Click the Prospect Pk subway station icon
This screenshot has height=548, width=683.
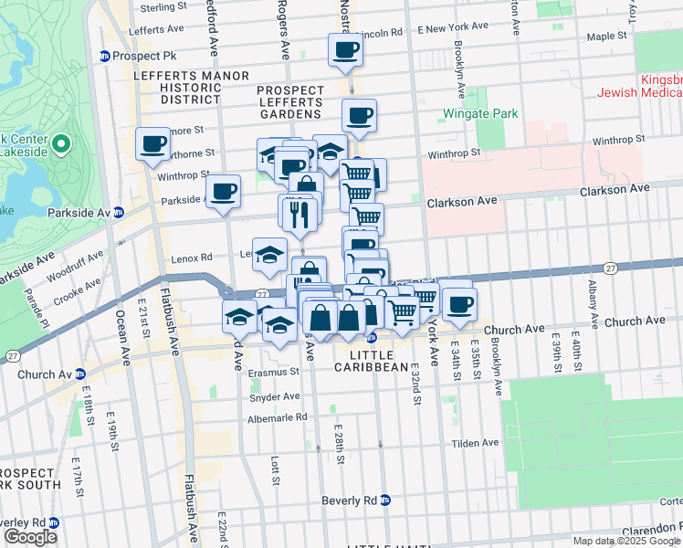coord(105,56)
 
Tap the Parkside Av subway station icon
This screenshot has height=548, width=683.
coord(118,213)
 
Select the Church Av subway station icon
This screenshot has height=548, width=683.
coord(79,374)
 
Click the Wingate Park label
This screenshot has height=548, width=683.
coord(480,114)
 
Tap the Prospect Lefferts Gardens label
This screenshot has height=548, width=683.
coord(289,102)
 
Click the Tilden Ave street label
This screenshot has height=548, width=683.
coord(476,443)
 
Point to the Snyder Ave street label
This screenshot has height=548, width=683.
coord(274,397)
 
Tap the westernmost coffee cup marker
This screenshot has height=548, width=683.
coord(152,143)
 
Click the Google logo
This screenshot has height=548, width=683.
coord(30,537)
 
